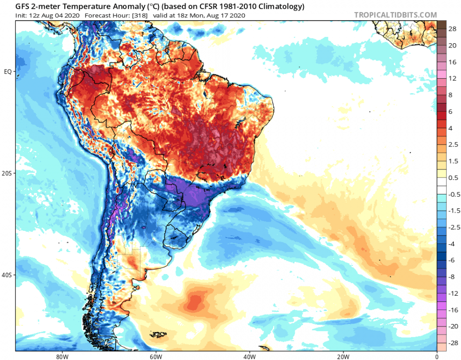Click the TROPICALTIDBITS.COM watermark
point(395,15)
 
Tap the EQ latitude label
point(8,72)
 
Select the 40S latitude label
point(7,275)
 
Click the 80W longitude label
point(61,356)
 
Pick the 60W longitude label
point(155,356)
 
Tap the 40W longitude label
point(249,356)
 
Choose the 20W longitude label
point(342,356)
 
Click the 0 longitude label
point(436,356)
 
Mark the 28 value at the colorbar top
point(452,29)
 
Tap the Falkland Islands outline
point(158,335)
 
